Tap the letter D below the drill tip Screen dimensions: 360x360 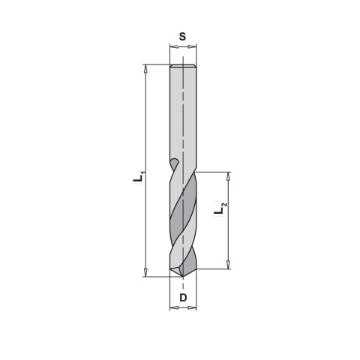tap(182, 298)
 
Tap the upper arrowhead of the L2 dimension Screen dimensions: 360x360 tap(228, 175)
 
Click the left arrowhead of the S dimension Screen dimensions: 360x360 tap(172, 46)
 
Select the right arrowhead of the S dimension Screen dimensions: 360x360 tap(193, 46)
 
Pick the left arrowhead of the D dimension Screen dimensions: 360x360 tap(172, 307)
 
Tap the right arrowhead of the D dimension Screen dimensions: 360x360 tap(193, 307)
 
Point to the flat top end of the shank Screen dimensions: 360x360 tap(182, 67)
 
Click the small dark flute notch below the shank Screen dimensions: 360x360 tap(174, 163)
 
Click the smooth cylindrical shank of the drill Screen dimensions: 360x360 tap(182, 112)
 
